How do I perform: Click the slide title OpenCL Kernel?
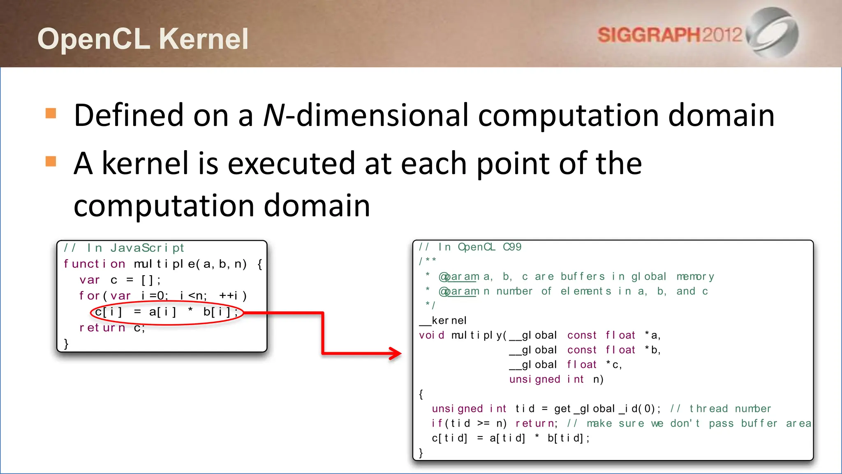click(143, 39)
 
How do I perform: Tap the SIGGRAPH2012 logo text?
click(669, 35)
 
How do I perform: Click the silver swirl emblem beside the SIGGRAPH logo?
click(772, 33)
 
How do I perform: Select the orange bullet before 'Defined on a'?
click(51, 113)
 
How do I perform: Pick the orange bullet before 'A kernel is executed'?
click(51, 161)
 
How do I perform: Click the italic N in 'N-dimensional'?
click(274, 115)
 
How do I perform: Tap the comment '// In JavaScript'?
click(124, 248)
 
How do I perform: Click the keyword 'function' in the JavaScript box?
click(94, 264)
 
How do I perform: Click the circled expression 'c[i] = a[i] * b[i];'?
click(167, 312)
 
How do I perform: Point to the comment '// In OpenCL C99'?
click(470, 247)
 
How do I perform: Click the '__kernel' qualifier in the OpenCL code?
click(443, 321)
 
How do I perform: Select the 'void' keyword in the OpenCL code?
click(431, 335)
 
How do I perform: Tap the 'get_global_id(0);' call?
click(607, 409)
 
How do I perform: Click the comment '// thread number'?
click(720, 409)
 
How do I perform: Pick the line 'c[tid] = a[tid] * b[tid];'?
click(510, 438)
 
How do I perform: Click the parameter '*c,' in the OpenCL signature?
click(614, 365)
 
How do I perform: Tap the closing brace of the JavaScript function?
click(66, 344)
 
